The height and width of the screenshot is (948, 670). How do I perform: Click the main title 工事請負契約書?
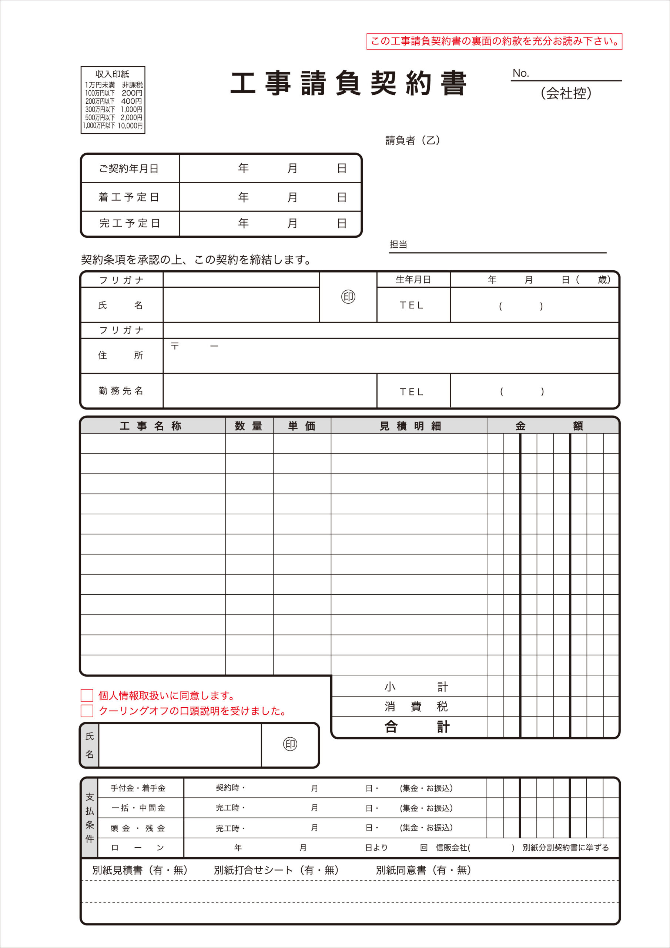(x=348, y=83)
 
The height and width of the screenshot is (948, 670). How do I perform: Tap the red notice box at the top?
(x=494, y=41)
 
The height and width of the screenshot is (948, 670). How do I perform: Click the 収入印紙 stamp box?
(x=113, y=100)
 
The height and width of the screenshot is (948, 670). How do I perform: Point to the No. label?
(x=520, y=73)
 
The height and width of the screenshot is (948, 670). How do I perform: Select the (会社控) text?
(x=566, y=93)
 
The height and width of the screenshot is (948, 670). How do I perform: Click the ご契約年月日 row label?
(x=129, y=168)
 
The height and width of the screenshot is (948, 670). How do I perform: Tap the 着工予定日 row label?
(x=129, y=197)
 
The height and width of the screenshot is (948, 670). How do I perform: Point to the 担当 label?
(x=398, y=244)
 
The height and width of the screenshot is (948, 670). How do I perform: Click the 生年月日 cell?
(x=413, y=280)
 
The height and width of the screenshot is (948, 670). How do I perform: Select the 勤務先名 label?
(x=121, y=391)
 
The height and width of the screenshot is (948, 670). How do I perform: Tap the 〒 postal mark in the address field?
(x=175, y=346)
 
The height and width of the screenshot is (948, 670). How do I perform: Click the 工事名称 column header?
(x=151, y=426)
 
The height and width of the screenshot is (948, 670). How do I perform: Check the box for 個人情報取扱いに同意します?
(x=87, y=695)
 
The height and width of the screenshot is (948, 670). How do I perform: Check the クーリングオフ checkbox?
(x=87, y=711)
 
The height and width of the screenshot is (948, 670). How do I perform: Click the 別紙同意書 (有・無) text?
(x=423, y=870)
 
